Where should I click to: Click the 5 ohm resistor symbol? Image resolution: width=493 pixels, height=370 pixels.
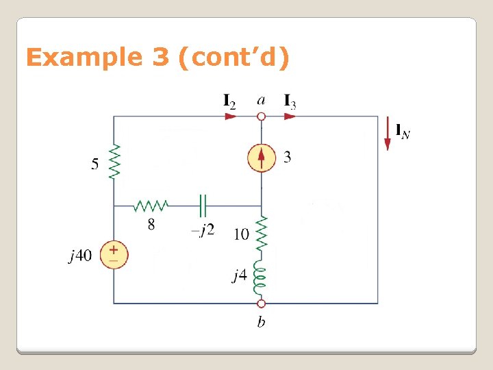coord(114,162)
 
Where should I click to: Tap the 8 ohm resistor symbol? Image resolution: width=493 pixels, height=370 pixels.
coord(151,205)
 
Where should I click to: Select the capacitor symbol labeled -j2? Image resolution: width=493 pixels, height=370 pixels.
coord(203,205)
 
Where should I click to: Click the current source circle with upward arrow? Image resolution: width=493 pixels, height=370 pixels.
coord(261,158)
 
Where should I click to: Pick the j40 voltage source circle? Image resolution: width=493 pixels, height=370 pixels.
coord(114,255)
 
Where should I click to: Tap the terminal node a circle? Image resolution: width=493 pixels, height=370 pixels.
coord(261,116)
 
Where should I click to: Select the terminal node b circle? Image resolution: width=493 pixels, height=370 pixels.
coord(261,303)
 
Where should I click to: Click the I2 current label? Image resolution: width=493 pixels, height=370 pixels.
coord(230,101)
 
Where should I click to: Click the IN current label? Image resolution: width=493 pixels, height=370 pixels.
coord(403,130)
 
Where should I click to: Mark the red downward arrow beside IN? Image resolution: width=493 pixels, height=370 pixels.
coord(388,140)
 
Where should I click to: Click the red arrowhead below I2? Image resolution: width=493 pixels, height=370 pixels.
coord(231,116)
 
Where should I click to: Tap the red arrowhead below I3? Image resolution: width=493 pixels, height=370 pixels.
coord(290,116)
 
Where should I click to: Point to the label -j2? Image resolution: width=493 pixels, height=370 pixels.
coord(203,230)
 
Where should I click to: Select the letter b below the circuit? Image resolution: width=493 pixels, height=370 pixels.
coord(261,322)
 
